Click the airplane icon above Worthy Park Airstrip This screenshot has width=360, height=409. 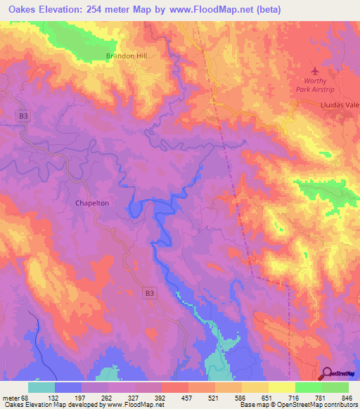314,71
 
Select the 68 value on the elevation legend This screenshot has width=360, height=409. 25,396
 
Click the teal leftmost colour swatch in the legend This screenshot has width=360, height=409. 41,387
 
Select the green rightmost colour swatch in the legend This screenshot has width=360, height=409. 335,387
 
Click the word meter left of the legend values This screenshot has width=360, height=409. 11,396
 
